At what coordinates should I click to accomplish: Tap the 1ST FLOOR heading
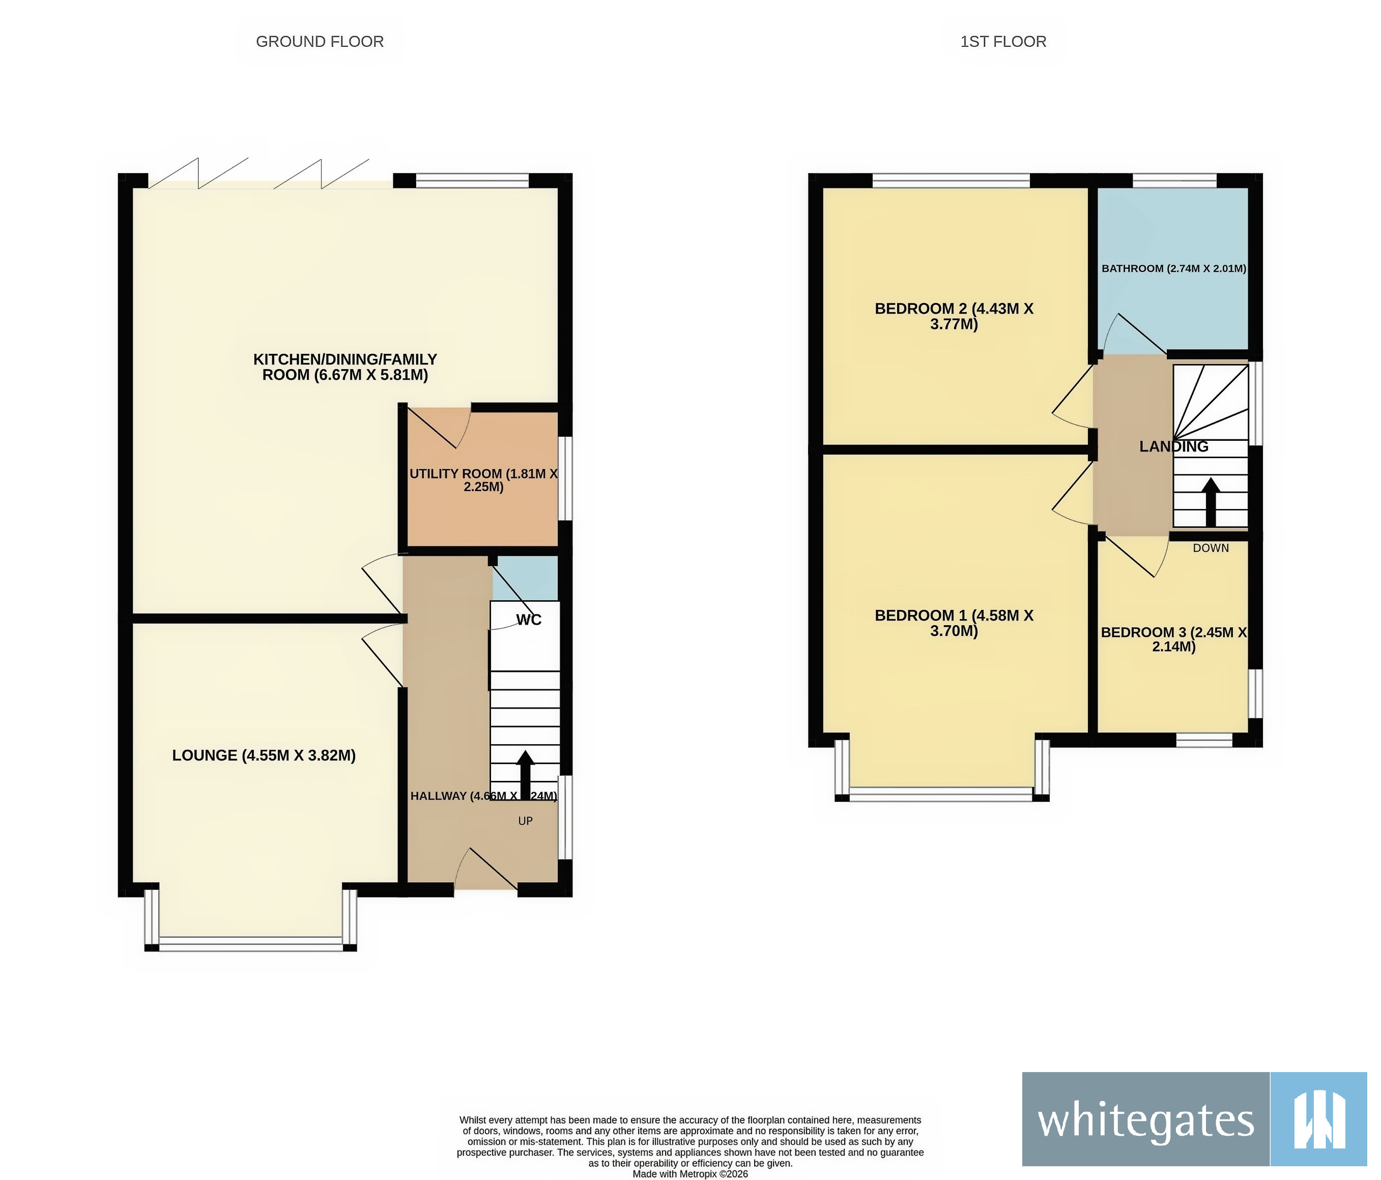tap(1002, 41)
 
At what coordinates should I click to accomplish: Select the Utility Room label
tap(483, 480)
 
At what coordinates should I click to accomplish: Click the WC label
tap(529, 620)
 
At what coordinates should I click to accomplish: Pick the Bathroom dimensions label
tap(1173, 269)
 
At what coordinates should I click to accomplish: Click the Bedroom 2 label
tap(954, 317)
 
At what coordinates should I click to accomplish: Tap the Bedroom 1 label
tap(954, 623)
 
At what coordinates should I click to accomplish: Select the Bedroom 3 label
tap(1173, 639)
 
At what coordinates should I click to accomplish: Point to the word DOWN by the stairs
tap(1211, 548)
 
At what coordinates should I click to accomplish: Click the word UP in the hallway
tap(525, 821)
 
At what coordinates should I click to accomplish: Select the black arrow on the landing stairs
tap(1211, 502)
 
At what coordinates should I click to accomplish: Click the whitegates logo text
tap(1145, 1120)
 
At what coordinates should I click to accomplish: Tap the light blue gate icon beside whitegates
tap(1318, 1120)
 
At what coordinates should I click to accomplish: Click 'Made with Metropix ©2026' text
tap(690, 1174)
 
